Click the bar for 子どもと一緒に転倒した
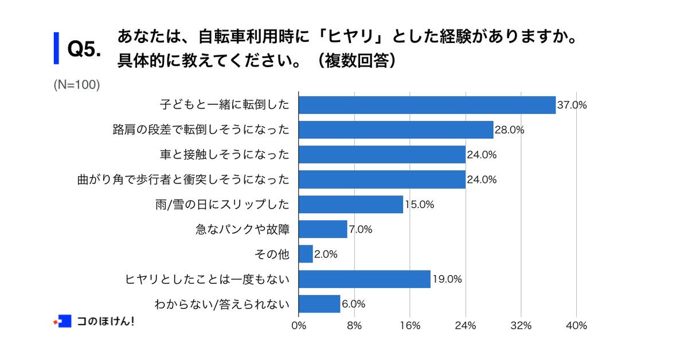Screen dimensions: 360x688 click(427, 105)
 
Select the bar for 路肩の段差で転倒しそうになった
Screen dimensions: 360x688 click(396, 130)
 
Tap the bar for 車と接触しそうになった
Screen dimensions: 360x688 click(382, 155)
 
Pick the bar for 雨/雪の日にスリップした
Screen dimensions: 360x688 click(351, 205)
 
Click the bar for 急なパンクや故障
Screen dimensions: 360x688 click(323, 229)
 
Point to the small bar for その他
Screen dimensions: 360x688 click(306, 254)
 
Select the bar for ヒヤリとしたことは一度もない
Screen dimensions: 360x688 click(365, 279)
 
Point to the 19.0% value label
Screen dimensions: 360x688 click(447, 280)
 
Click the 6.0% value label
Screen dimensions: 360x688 click(353, 304)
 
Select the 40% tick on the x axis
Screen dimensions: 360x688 click(576, 326)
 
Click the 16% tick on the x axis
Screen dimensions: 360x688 click(410, 326)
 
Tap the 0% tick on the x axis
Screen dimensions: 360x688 click(299, 326)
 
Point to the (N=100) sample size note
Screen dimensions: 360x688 click(77, 85)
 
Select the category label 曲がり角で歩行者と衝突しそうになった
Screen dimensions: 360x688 click(183, 180)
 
